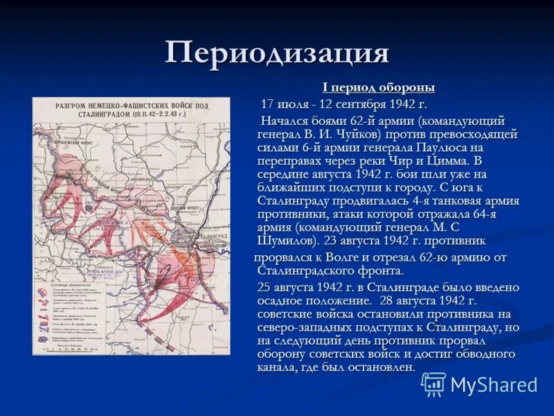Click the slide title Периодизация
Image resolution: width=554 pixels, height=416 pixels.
[x=277, y=53]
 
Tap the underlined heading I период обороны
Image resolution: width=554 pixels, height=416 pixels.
[x=378, y=87]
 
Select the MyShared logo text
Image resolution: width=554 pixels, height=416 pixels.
[x=494, y=385]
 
